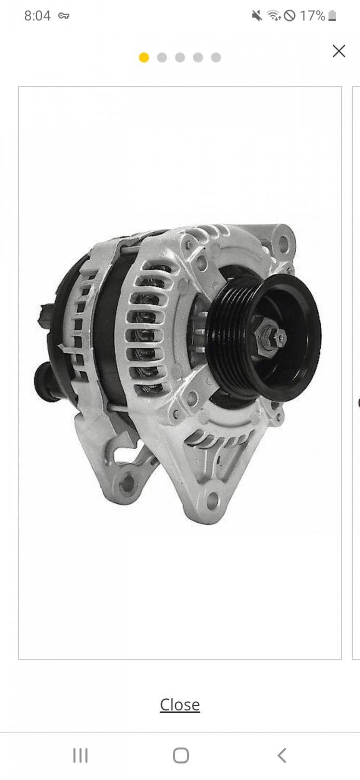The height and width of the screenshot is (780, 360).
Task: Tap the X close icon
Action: click(339, 51)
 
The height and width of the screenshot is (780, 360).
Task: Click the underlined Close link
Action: click(180, 705)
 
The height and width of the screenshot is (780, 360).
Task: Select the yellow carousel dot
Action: click(144, 57)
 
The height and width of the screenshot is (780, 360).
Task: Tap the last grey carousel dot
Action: click(216, 57)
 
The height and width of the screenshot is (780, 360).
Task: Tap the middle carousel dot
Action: click(180, 57)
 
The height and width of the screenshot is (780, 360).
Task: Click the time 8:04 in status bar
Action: click(37, 16)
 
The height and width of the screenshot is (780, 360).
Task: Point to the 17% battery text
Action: click(313, 16)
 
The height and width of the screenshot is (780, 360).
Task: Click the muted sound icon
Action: click(257, 16)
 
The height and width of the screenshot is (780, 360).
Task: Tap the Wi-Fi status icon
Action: click(274, 16)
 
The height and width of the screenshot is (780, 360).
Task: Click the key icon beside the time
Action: click(64, 16)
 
